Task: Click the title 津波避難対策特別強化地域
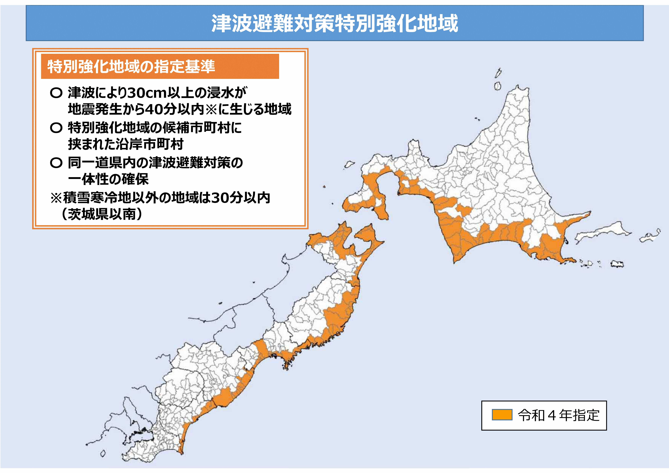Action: click(334, 23)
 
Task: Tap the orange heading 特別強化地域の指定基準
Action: click(131, 66)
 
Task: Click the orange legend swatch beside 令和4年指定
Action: click(502, 415)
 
